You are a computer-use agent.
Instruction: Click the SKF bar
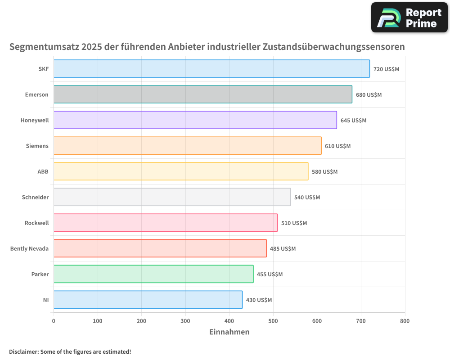coord(211,69)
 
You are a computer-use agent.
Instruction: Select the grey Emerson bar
coord(202,94)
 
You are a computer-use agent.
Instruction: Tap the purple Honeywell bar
coord(195,120)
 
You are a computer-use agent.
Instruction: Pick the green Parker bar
coord(153,274)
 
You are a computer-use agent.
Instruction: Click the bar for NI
coord(148,300)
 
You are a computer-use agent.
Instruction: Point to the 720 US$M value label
coord(386,69)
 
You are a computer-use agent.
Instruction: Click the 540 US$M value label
coord(307,198)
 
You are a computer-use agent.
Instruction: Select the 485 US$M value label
coord(283,249)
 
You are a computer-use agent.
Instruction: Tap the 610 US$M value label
coord(337,146)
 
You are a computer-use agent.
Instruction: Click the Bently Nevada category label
coord(29,248)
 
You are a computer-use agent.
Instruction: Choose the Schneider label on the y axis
coord(35,197)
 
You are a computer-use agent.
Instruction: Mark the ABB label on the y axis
coord(43,171)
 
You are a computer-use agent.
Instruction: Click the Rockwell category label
coord(36,223)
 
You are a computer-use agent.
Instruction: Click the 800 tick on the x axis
coord(405,321)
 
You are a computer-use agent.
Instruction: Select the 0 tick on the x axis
coord(54,321)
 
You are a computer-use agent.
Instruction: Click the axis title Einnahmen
coord(229,332)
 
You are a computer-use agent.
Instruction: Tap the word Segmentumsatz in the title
coord(44,47)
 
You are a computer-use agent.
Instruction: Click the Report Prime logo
coord(409,18)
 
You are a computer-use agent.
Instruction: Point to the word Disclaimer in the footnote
coord(23,351)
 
